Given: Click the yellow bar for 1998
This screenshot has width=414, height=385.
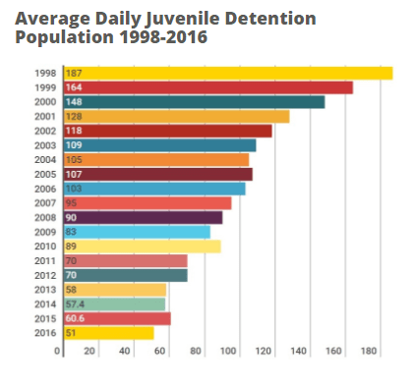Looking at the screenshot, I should click(x=227, y=73).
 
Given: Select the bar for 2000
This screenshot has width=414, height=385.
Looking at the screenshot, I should click(x=193, y=102).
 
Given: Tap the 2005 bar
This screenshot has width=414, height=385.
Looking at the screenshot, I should click(x=157, y=174).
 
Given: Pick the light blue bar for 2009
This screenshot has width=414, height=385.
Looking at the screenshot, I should click(x=137, y=232).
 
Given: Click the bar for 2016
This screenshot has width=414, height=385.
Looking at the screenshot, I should click(x=108, y=333).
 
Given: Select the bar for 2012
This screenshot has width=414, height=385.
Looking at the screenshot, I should click(x=125, y=275).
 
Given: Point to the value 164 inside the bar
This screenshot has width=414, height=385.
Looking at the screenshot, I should click(x=75, y=87).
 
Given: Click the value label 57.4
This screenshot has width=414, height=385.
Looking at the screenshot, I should click(x=77, y=304).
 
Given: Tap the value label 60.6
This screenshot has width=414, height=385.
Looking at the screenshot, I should click(x=77, y=319).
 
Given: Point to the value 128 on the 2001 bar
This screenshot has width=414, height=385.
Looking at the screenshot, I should click(x=75, y=116).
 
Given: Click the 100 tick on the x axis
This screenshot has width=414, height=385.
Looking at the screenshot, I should click(x=230, y=352).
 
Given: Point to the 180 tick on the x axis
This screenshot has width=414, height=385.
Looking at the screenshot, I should click(x=369, y=352).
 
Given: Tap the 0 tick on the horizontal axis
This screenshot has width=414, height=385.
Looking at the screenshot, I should click(x=62, y=352).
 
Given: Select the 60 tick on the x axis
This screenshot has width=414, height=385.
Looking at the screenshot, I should click(x=161, y=352).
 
